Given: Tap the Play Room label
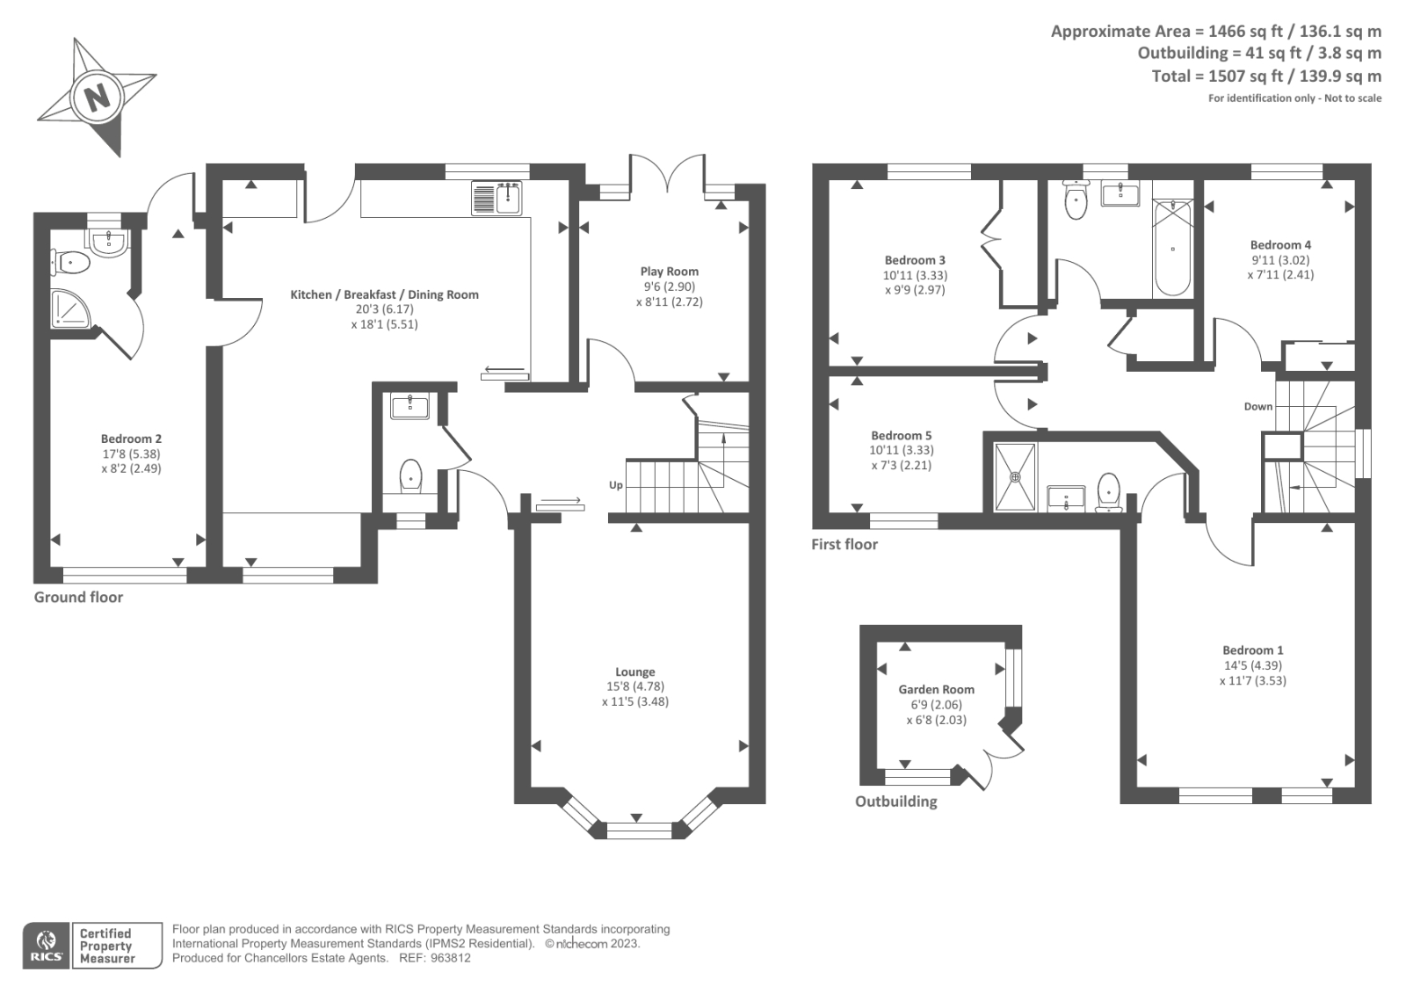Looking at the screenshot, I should tap(670, 272).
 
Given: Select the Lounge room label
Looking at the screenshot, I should tap(634, 671).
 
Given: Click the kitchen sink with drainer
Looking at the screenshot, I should tap(497, 198).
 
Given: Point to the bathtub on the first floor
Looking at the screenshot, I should tap(1172, 249).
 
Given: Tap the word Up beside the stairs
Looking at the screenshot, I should tap(616, 485).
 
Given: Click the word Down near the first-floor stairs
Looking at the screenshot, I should tap(1257, 406).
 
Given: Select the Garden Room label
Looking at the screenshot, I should tap(936, 690).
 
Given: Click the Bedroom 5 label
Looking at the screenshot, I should tap(901, 435).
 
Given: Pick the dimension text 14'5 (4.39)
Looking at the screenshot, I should tap(1252, 665).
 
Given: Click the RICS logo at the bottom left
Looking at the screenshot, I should tap(44, 946).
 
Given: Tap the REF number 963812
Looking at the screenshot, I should tap(451, 959).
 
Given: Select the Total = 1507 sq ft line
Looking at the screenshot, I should tap(1265, 76).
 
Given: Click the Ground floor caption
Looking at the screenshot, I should tap(78, 598).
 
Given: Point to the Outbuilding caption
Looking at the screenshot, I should tap(895, 802).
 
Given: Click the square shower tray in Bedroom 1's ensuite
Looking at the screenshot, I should tap(1015, 477).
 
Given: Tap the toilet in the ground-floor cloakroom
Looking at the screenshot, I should tap(411, 476).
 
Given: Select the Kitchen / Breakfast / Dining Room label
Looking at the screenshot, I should tap(384, 294).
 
